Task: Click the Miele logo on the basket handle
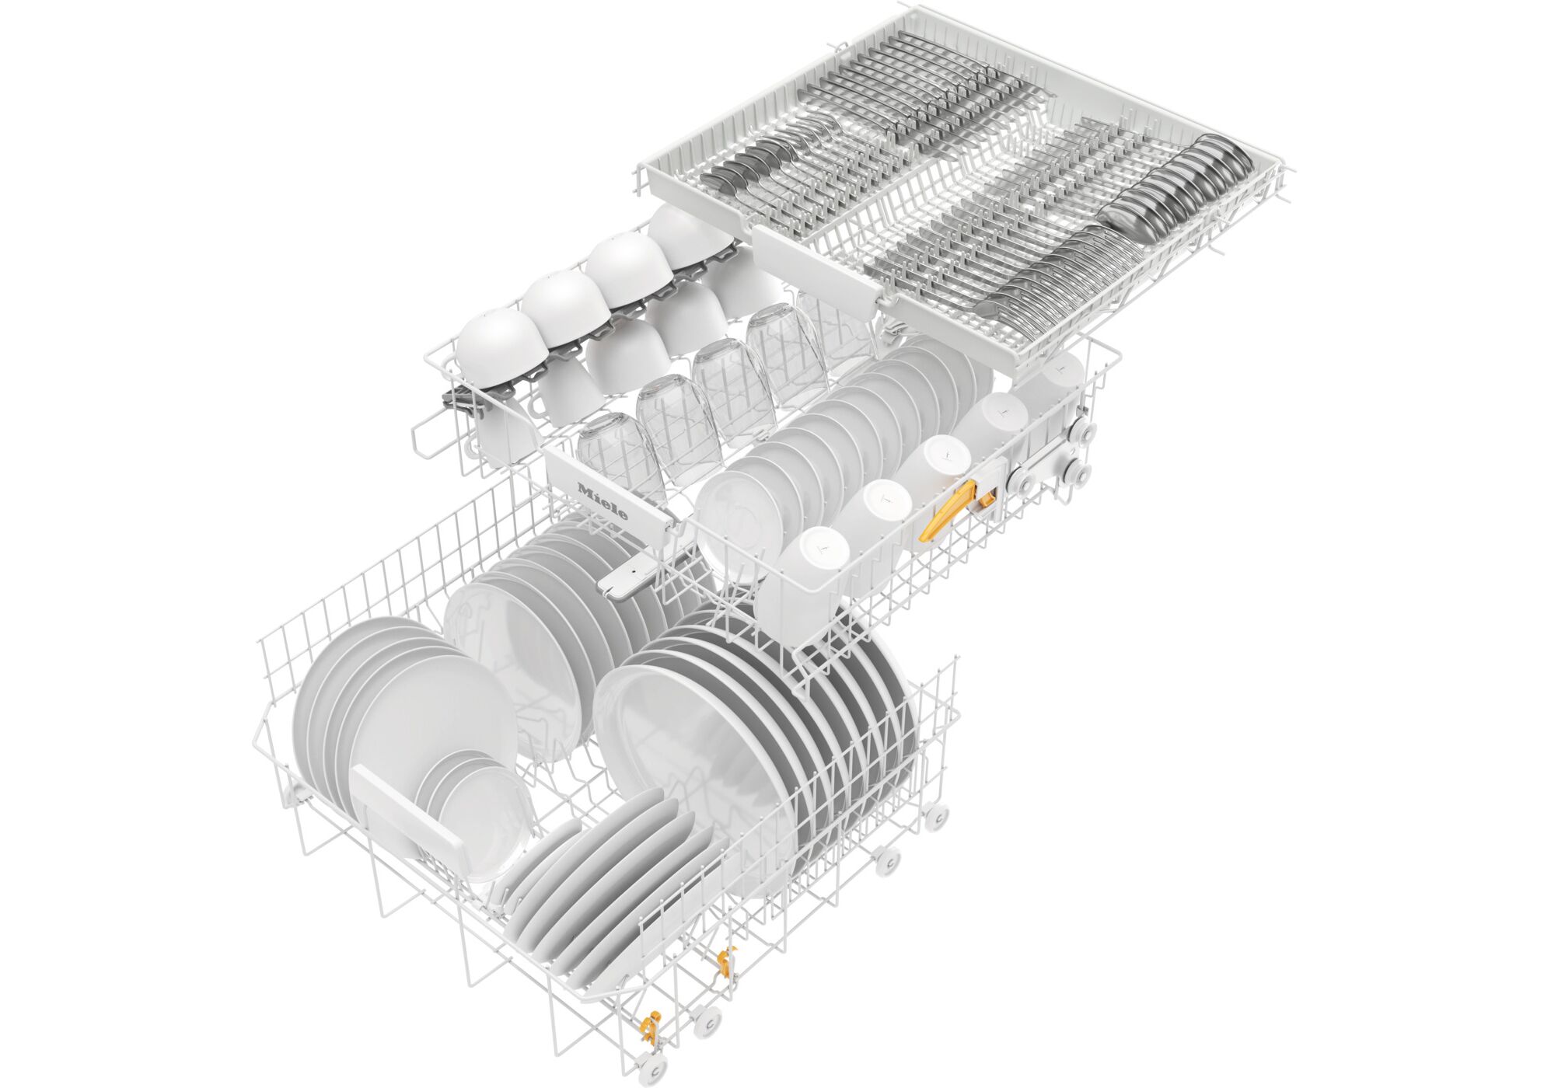click(603, 502)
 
